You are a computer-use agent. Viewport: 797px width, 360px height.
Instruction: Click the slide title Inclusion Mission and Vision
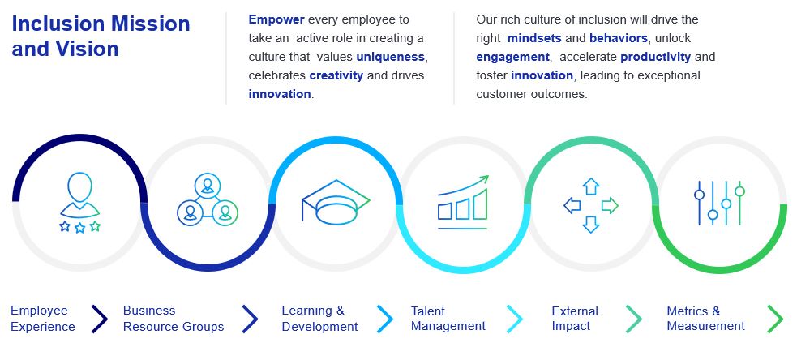click(x=101, y=36)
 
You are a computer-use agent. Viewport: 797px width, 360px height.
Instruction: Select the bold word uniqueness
click(x=390, y=57)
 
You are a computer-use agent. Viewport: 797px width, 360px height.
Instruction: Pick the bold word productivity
click(x=656, y=57)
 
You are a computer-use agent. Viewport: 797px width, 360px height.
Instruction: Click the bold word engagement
click(x=513, y=57)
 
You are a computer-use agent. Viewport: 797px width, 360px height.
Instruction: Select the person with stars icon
click(x=79, y=203)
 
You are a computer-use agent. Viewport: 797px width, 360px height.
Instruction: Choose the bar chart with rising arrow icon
click(x=463, y=199)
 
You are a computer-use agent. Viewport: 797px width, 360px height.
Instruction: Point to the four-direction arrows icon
click(x=591, y=205)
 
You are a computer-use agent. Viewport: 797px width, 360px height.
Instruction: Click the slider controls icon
click(x=718, y=203)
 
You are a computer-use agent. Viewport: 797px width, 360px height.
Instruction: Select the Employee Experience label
click(x=42, y=319)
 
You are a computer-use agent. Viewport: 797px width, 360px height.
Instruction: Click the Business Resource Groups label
click(x=174, y=319)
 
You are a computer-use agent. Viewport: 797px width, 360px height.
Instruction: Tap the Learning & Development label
click(x=319, y=319)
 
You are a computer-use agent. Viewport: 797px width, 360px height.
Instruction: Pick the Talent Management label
click(x=448, y=319)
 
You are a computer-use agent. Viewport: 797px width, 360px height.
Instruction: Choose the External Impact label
click(x=575, y=319)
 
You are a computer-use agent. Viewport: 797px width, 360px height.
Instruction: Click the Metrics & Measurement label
click(x=705, y=319)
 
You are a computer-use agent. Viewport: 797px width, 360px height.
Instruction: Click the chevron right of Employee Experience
click(x=99, y=319)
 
